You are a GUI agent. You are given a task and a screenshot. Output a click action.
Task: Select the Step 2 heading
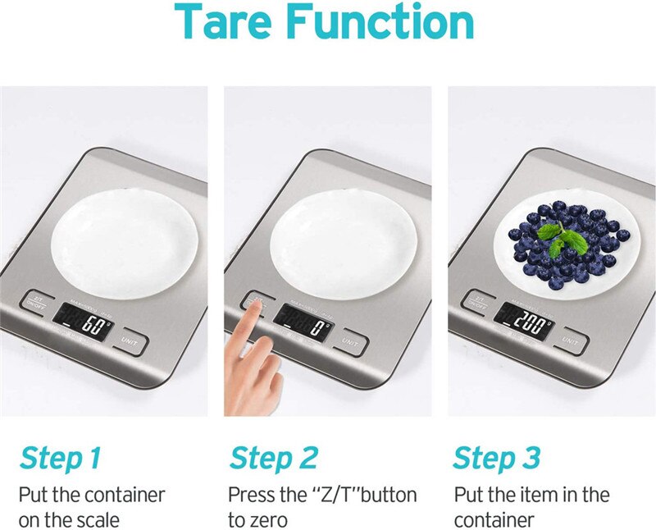point(273,457)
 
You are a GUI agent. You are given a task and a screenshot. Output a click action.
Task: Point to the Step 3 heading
point(495,457)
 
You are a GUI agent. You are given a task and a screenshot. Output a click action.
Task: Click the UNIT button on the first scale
point(130,340)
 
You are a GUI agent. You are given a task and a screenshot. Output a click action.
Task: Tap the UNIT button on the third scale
point(572,341)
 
